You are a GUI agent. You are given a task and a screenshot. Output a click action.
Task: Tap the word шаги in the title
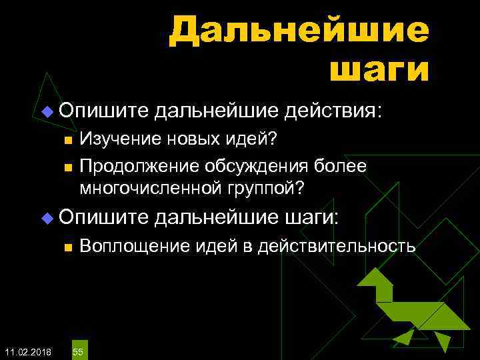click(379, 69)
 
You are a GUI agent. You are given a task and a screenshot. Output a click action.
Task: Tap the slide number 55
click(77, 351)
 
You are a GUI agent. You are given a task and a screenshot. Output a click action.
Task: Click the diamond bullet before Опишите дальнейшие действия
click(46, 109)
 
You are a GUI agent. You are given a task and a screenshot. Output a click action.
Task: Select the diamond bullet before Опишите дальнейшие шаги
click(46, 219)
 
